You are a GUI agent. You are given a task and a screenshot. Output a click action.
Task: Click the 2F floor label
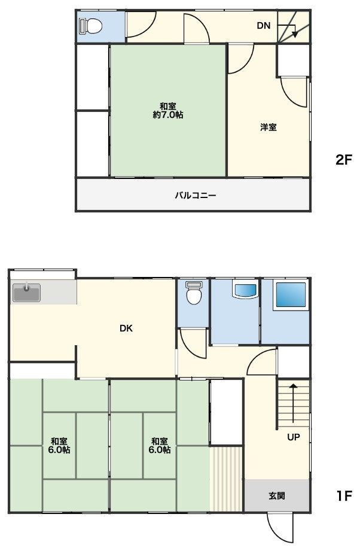[343, 160]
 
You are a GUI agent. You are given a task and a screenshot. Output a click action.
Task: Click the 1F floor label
[344, 496]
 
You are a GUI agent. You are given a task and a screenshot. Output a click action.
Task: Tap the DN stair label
[263, 25]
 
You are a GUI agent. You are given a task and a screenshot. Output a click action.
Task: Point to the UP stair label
[293, 437]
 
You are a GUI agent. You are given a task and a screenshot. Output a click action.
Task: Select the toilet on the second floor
[91, 26]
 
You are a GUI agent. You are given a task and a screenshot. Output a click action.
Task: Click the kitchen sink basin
[27, 293]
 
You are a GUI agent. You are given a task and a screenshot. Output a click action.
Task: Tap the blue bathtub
[291, 294]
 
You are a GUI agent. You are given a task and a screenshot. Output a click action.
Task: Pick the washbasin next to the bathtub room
[245, 290]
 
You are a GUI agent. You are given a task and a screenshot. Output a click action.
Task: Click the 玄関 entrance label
[277, 496]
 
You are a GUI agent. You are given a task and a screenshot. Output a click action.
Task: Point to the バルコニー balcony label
[196, 196]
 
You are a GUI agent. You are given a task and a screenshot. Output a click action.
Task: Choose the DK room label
[126, 328]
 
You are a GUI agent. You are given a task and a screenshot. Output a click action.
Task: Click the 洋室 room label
[269, 127]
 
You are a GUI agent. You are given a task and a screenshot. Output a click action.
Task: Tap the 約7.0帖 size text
[168, 115]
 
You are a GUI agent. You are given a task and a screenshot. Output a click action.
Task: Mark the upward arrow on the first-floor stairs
[293, 403]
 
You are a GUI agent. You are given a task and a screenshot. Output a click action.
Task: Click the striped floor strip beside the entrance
[226, 479]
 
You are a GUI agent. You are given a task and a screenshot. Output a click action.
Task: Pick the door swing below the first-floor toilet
[193, 343]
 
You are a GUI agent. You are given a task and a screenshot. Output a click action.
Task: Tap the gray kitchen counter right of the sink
[59, 292]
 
